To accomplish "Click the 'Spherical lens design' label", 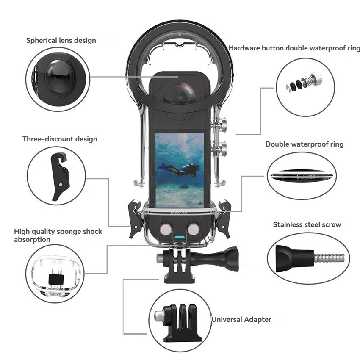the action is (61, 41).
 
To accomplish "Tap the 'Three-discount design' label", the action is (60, 139).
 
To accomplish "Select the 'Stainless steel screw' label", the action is (307, 224).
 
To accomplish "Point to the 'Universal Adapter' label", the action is (241, 319).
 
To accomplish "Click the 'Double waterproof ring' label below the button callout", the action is (305, 144).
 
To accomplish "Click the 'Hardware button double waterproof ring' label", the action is (294, 48).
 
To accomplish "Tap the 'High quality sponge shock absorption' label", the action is (58, 235).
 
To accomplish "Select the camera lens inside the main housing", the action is (180, 93).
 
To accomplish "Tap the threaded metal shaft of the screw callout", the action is (330, 258).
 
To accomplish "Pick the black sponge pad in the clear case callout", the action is (56, 279).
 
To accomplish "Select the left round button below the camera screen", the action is (166, 229).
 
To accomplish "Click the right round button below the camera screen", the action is (194, 229).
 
